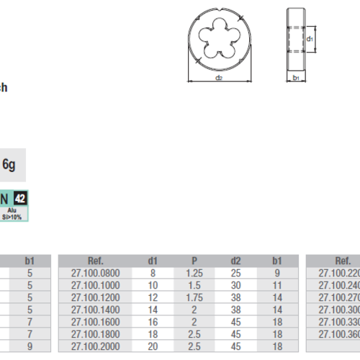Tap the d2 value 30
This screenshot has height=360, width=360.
coord(233,285)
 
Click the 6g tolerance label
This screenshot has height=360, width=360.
coord(9,164)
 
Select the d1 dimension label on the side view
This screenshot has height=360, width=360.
coord(310,38)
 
